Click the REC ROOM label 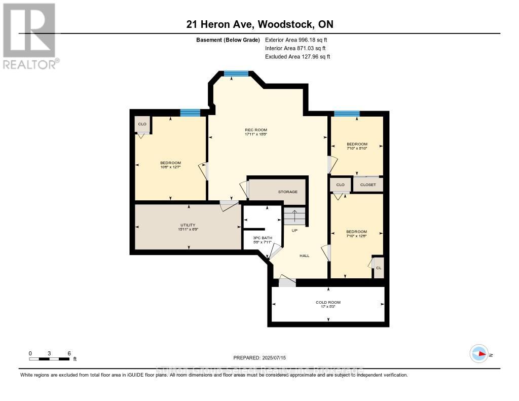pyautogui.click(x=255, y=130)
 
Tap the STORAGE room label pyautogui.click(x=287, y=192)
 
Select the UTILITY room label pyautogui.click(x=188, y=225)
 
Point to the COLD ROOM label pyautogui.click(x=328, y=302)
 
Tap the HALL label pyautogui.click(x=304, y=256)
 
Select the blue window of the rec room pyautogui.click(x=237, y=74)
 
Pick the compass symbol pyautogui.click(x=479, y=354)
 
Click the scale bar pyautogui.click(x=49, y=359)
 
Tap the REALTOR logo pyautogui.click(x=29, y=35)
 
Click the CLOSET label pyautogui.click(x=368, y=185)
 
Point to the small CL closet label pyautogui.click(x=378, y=268)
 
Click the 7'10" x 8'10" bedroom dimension pyautogui.click(x=357, y=148)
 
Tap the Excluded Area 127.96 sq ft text pyautogui.click(x=298, y=57)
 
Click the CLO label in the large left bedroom pyautogui.click(x=142, y=124)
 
